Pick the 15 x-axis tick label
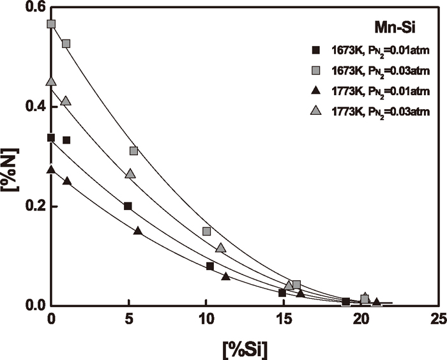click(x=282, y=319)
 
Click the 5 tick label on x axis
click(x=128, y=319)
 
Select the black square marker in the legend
click(x=315, y=50)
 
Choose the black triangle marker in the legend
click(x=315, y=91)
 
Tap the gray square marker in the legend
click(x=315, y=70)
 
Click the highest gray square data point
click(x=51, y=24)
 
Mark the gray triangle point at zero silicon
click(x=51, y=82)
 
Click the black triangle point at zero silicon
click(x=51, y=170)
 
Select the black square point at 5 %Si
click(x=128, y=206)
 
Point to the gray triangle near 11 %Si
click(x=220, y=248)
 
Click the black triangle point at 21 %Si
click(x=376, y=301)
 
